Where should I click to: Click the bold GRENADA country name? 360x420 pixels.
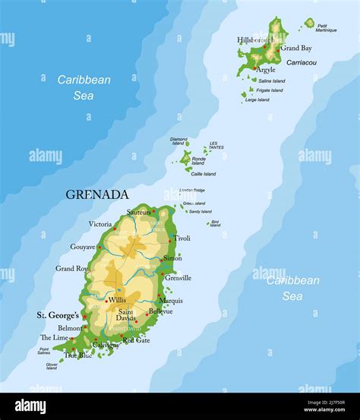tap(97, 194)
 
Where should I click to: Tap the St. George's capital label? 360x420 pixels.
tap(58, 314)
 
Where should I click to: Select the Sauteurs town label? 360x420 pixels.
tap(139, 212)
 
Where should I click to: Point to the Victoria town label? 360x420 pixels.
tap(100, 224)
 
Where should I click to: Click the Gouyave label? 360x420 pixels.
tap(83, 247)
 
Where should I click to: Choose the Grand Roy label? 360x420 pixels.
tap(71, 268)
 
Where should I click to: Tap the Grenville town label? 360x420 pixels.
tap(177, 278)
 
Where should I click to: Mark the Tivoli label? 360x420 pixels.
tap(182, 238)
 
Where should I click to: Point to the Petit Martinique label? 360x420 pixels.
tap(327, 28)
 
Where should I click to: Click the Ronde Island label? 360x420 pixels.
tap(198, 161)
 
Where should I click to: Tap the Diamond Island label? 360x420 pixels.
tap(178, 141)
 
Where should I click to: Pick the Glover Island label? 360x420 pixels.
tap(51, 366)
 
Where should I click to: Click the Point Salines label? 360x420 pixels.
tap(44, 351)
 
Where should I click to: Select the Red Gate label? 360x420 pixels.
tap(136, 339)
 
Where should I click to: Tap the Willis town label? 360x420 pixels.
tap(117, 300)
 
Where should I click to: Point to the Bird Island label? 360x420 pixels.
tap(215, 223)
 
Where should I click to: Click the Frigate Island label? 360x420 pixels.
tap(270, 90)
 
